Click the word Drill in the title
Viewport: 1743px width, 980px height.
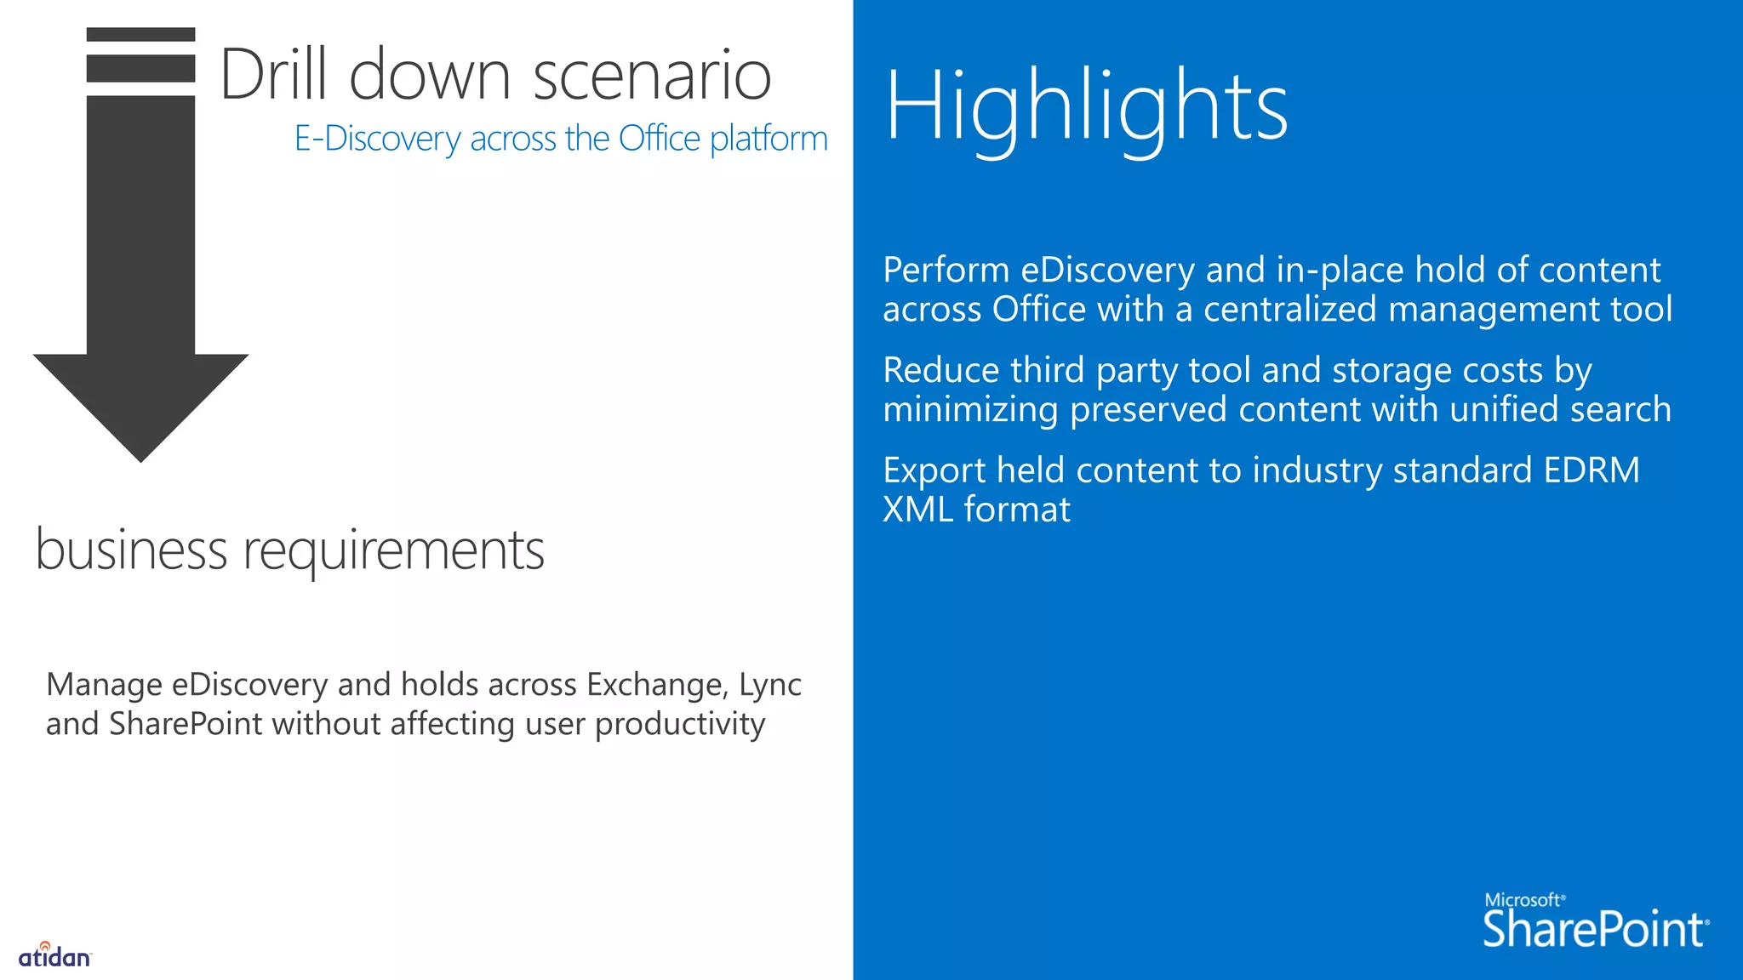tap(273, 75)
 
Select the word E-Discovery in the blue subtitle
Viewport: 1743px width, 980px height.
tap(377, 139)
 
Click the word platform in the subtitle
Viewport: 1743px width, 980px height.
tap(769, 139)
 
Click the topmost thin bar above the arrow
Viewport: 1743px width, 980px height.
tap(140, 35)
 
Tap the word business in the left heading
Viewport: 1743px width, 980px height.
tap(131, 550)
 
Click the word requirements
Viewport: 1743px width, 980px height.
tap(394, 551)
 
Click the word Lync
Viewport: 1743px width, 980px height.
tap(770, 686)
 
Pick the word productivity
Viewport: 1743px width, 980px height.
tap(680, 725)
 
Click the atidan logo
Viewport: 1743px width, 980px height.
tap(54, 955)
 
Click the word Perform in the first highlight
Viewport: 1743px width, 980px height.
tap(946, 271)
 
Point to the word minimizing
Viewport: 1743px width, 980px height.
tap(970, 410)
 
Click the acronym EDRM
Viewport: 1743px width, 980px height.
tap(1591, 470)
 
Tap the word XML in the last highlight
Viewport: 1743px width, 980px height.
tap(917, 510)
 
